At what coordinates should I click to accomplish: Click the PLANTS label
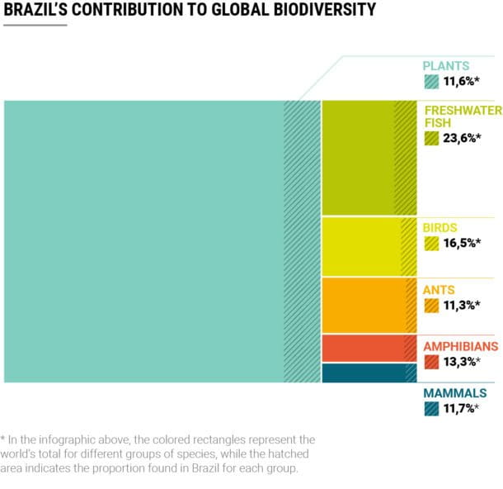click(x=446, y=65)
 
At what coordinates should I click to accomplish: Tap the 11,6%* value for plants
click(x=461, y=81)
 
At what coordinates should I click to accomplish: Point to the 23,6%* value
click(x=461, y=138)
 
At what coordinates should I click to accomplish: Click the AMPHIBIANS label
click(x=461, y=346)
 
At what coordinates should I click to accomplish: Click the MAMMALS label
click(x=452, y=393)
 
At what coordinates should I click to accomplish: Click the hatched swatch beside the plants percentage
click(x=431, y=81)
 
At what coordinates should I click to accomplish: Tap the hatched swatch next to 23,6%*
click(x=431, y=138)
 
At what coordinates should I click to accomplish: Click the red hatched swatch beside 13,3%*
click(x=431, y=362)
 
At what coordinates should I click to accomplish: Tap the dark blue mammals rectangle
click(x=363, y=373)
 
